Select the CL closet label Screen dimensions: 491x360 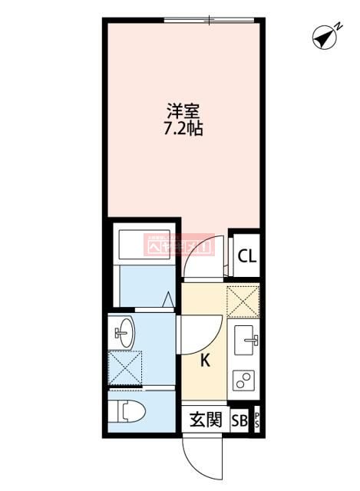pos(246,257)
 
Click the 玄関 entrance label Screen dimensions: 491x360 pos(206,420)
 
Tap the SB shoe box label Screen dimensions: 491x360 pos(239,420)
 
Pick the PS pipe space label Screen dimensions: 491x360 pos(256,420)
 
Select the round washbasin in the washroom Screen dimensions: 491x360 pos(124,332)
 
